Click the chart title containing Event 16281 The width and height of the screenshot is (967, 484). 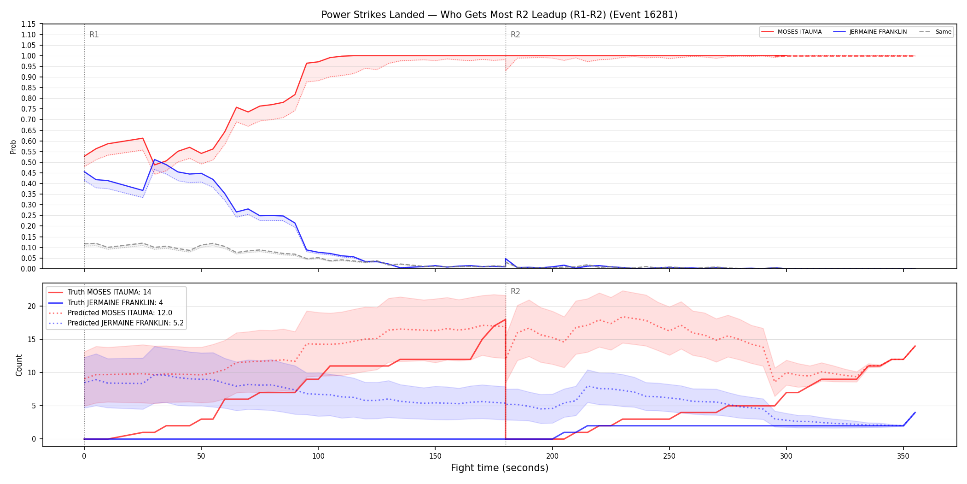(499, 15)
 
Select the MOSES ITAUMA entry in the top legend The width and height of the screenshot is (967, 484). (792, 32)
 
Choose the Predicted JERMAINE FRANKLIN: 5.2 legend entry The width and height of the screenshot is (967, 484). (116, 323)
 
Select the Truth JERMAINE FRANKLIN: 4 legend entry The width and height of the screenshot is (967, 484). (106, 302)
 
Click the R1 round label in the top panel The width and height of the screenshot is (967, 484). (94, 35)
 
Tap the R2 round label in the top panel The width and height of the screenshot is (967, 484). (515, 35)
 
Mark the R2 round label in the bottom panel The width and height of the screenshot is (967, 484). (515, 291)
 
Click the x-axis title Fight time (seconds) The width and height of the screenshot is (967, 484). (500, 468)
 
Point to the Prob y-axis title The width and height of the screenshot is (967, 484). (13, 147)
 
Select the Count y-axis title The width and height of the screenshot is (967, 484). (19, 365)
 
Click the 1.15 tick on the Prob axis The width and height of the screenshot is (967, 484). (29, 24)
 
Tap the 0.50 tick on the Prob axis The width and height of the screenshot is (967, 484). (29, 162)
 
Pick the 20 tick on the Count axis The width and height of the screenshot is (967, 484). (32, 307)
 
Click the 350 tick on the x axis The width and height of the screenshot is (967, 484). (903, 456)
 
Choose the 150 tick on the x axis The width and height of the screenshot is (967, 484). (435, 456)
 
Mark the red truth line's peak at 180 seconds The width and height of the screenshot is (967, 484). (506, 319)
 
